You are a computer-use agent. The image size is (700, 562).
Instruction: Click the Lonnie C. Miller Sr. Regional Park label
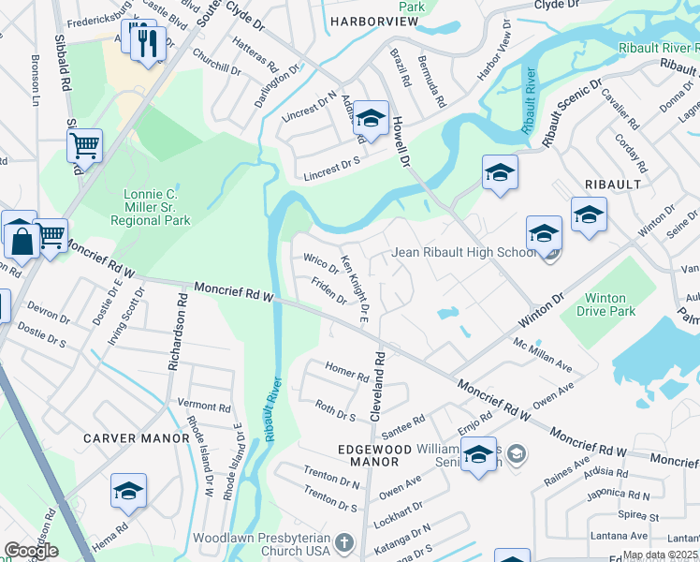150,207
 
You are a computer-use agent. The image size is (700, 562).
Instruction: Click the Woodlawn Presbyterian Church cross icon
344,542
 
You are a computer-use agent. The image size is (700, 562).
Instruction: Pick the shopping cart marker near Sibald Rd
84,147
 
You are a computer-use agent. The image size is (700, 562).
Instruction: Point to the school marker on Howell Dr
371,118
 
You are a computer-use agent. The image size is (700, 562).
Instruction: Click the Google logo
31,551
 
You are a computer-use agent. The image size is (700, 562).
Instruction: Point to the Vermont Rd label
210,407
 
